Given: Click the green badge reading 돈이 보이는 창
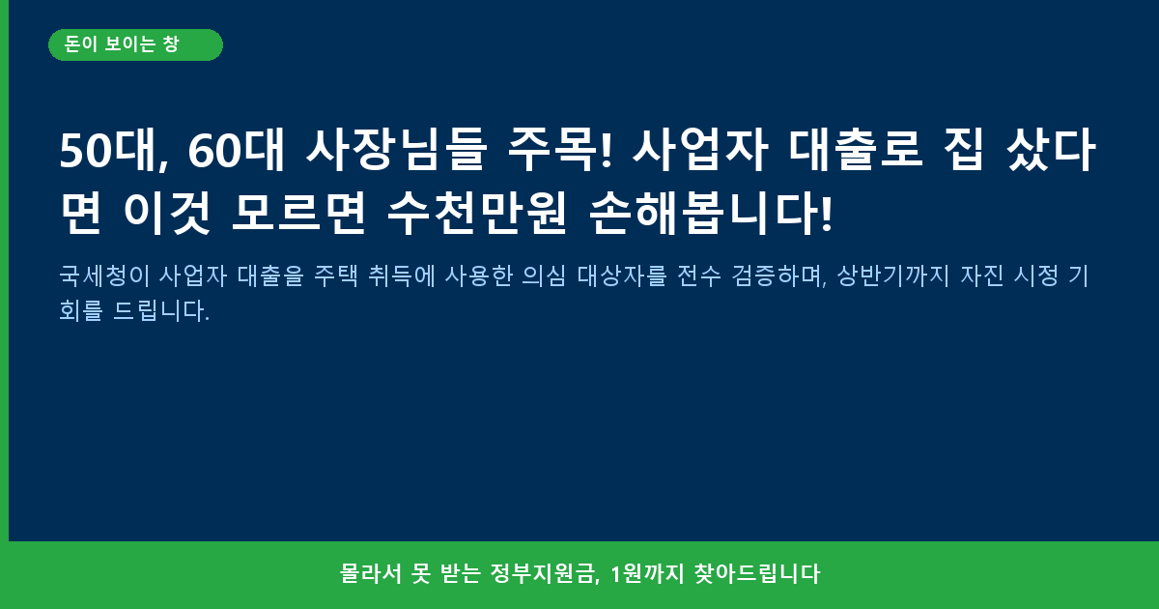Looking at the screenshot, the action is point(135,45).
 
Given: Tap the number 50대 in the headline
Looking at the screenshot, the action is point(114,150).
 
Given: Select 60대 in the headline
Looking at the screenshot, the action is point(237,150).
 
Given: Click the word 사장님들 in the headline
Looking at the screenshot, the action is point(396,150).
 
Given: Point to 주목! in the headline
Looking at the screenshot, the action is point(560,150).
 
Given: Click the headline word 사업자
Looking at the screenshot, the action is point(700,150).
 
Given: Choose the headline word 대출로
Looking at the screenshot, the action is point(856,150).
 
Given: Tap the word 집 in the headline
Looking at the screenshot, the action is point(963,150).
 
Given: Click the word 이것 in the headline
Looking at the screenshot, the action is point(166,214).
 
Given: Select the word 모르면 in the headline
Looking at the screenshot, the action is point(299,214).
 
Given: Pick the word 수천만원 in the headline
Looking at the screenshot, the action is point(477,214).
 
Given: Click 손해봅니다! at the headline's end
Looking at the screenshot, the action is point(711,214).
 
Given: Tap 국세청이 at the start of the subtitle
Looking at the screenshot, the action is point(104,275).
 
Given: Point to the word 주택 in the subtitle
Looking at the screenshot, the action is point(336,275).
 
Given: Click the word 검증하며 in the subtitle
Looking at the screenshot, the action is point(779,275).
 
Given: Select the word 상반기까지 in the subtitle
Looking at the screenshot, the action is point(893,275).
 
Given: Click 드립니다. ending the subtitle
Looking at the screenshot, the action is point(161,310).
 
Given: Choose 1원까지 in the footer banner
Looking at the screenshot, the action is point(647,574).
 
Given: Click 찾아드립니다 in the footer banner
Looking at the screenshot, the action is point(757,574).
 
